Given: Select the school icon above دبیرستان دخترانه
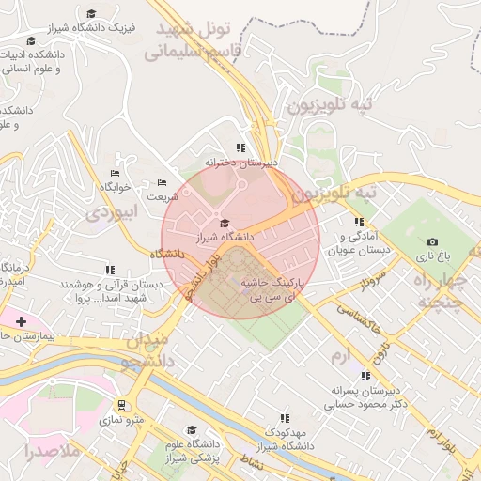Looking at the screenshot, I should (241, 147).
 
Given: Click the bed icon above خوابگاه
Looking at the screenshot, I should (115, 173).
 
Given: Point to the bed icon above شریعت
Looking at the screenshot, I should (162, 182).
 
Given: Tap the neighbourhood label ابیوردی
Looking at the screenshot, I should (112, 213).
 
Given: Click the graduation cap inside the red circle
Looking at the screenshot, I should (224, 223).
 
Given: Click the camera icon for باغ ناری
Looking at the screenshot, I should (432, 241).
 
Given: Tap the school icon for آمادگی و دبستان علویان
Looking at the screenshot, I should (358, 222).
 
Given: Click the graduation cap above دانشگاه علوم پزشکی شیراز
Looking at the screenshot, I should (191, 429).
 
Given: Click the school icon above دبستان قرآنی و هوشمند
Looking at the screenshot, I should (110, 270).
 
